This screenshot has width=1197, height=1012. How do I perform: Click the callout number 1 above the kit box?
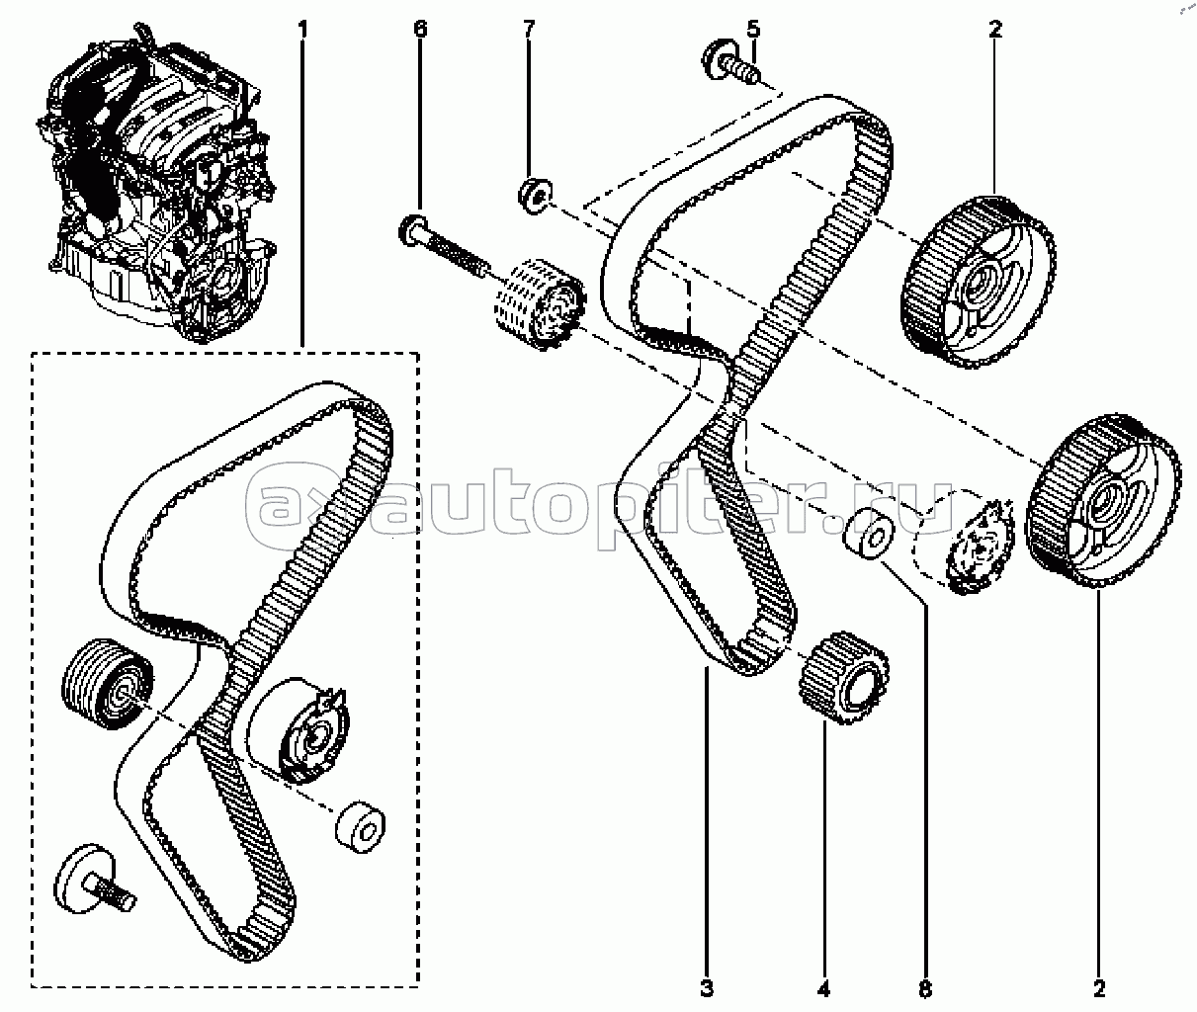coord(302,29)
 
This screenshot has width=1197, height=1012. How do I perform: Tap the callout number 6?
coord(420,29)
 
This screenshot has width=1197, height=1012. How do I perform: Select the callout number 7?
coord(529,29)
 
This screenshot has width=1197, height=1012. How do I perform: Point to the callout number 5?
coord(753,29)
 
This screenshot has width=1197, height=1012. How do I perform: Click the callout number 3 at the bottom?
coord(707,989)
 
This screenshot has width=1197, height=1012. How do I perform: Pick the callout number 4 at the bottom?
coord(823,989)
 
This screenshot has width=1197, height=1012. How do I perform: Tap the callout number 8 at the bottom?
coord(925,989)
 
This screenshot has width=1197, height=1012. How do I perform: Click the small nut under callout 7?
coord(535,197)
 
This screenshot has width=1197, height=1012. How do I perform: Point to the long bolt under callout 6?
coord(444,249)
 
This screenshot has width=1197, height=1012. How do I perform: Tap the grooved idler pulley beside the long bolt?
coord(540,304)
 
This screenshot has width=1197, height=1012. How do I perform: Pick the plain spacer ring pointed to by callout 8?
coord(868,534)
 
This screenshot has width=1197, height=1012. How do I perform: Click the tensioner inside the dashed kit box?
coord(301,729)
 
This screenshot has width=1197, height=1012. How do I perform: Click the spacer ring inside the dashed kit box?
coord(360,828)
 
